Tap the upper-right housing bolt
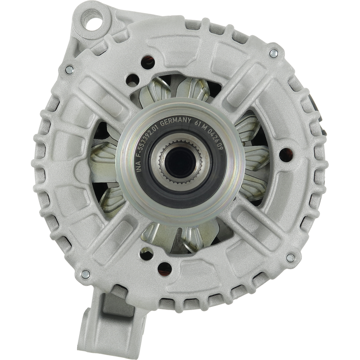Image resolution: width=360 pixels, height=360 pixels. click(274, 54)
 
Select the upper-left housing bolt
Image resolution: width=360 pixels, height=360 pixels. click(69, 70)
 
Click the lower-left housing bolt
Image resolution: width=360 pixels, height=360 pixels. click(85, 274)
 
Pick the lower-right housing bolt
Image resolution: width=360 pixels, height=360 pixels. click(290, 258)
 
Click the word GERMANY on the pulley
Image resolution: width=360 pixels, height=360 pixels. click(175, 122)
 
